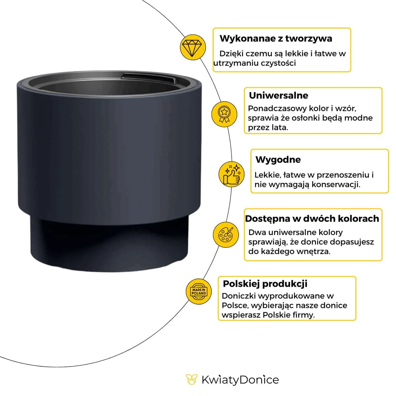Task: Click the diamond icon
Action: click(x=191, y=47)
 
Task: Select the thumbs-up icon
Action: click(x=231, y=174)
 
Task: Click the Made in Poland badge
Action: click(x=198, y=291)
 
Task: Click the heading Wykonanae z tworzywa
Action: click(x=276, y=39)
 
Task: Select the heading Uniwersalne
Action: click(x=279, y=96)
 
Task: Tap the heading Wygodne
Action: click(x=278, y=160)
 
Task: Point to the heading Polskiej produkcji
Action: click(x=265, y=284)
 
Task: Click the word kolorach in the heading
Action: click(x=360, y=219)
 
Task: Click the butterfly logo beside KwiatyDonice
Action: click(x=191, y=379)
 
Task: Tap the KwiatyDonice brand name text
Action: click(x=240, y=379)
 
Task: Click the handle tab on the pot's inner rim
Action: click(x=148, y=79)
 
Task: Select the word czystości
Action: click(x=278, y=63)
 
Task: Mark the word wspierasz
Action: click(x=241, y=315)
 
